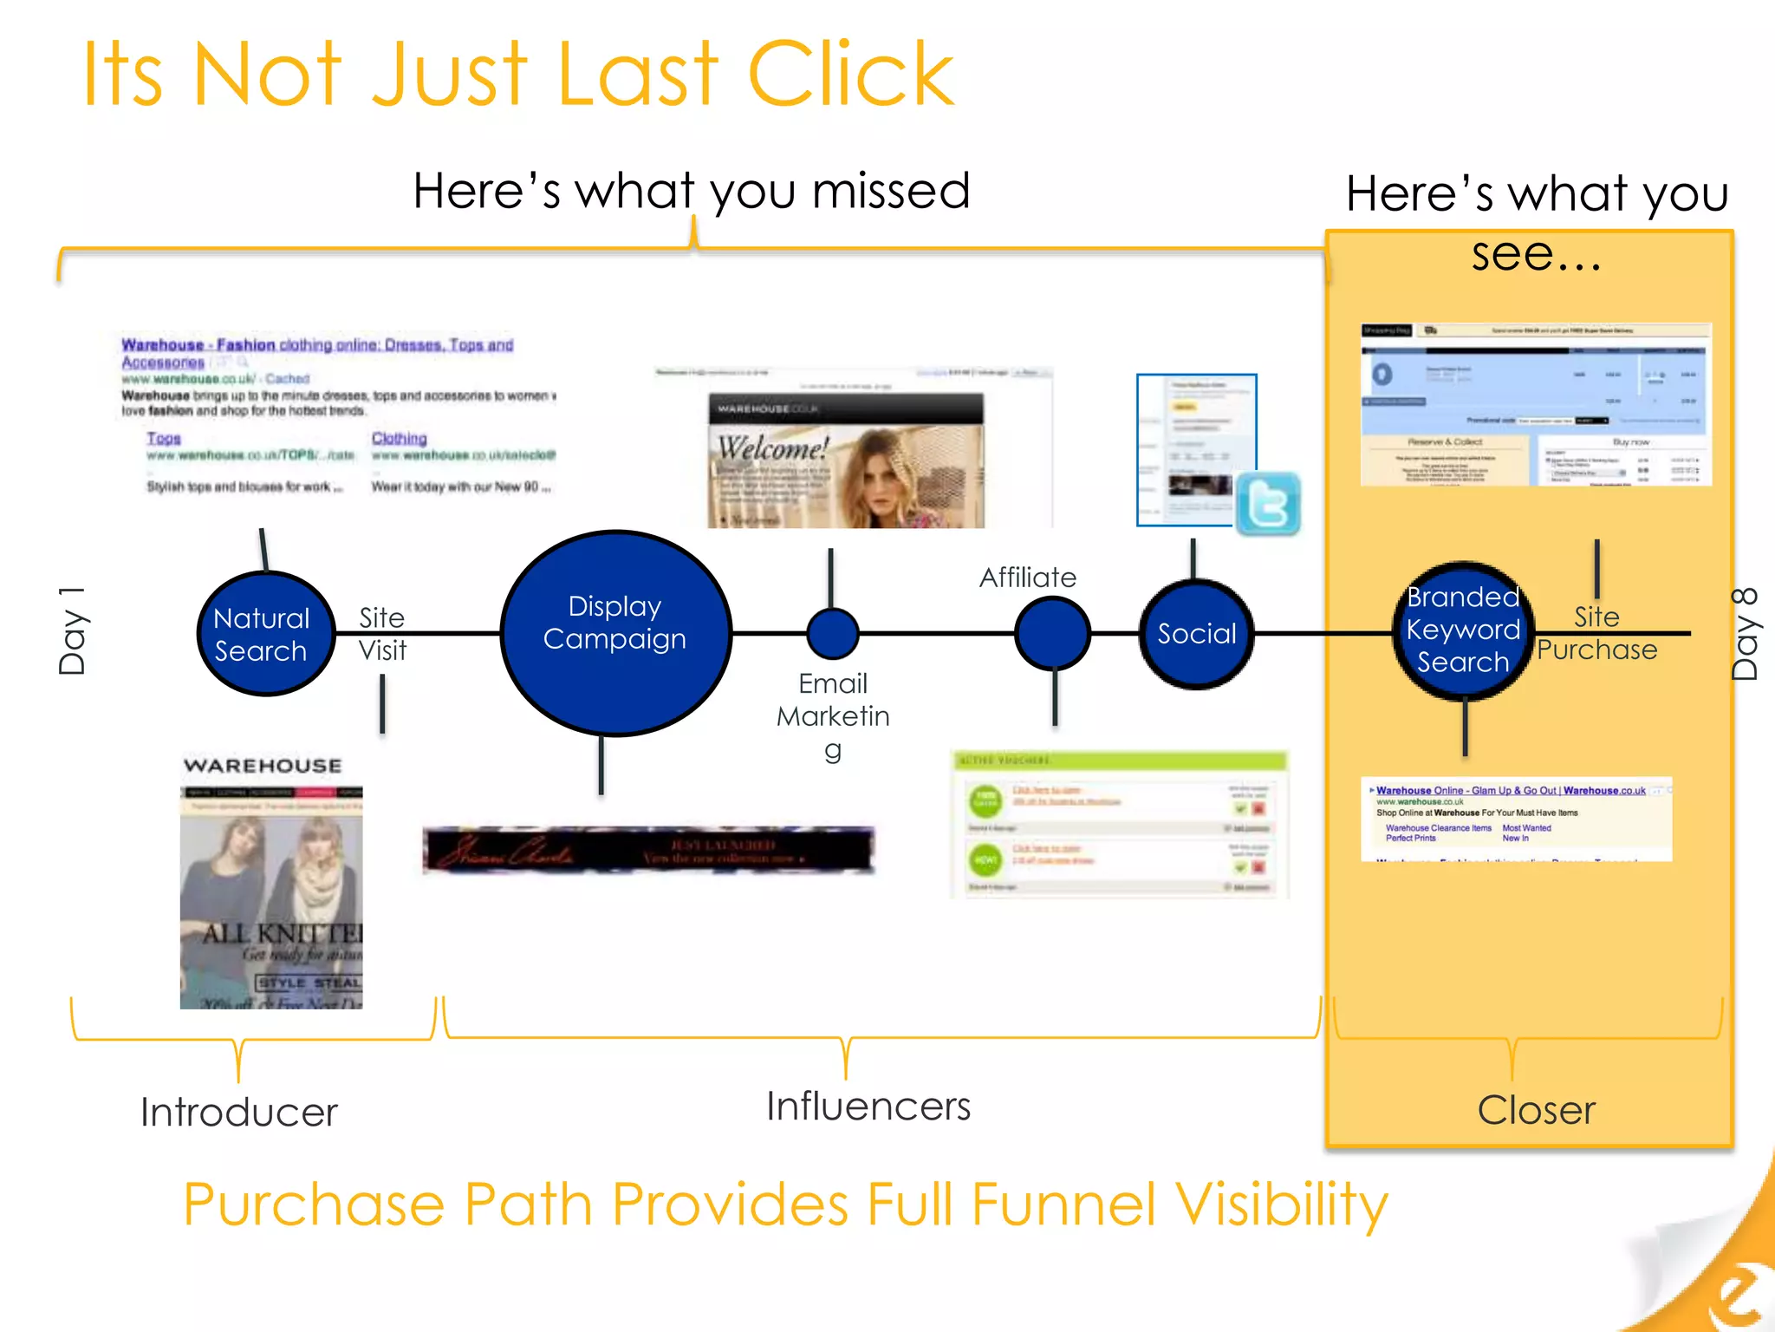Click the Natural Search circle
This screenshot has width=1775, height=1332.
[x=265, y=634]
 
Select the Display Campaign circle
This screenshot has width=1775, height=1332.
[x=615, y=633]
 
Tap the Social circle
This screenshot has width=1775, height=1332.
[x=1196, y=634]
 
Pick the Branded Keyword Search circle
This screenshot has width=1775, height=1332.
[x=1463, y=630]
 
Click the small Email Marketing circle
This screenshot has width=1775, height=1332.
[x=832, y=634]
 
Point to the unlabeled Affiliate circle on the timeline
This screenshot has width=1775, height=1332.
[x=1052, y=634]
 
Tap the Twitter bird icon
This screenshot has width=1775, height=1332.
[x=1268, y=503]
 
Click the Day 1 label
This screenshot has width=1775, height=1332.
[x=73, y=631]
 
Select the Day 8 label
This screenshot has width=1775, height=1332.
[x=1744, y=633]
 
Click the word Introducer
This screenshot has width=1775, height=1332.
[x=239, y=1112]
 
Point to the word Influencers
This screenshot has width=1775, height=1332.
[x=868, y=1107]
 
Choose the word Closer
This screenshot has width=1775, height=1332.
[x=1536, y=1110]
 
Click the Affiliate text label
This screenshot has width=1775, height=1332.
[x=1028, y=578]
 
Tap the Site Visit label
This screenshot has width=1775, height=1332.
[x=382, y=634]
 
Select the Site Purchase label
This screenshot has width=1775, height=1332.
[x=1596, y=634]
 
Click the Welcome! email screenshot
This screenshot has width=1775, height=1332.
[x=846, y=460]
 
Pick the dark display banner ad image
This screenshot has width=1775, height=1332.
[x=648, y=849]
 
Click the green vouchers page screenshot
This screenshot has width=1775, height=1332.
[x=1119, y=824]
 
